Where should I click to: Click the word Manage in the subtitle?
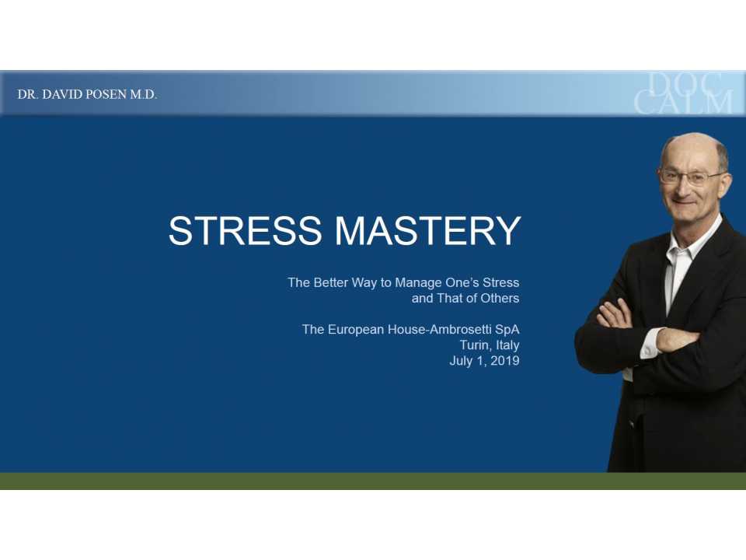pyautogui.click(x=424, y=282)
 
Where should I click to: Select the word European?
pyautogui.click(x=354, y=330)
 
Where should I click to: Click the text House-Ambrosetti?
pyautogui.click(x=437, y=330)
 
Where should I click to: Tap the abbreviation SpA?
pyautogui.click(x=506, y=330)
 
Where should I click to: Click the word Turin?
pyautogui.click(x=473, y=345)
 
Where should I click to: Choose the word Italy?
pyautogui.click(x=507, y=345)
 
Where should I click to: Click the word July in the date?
pyautogui.click(x=461, y=361)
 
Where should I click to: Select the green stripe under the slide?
pyautogui.click(x=373, y=481)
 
